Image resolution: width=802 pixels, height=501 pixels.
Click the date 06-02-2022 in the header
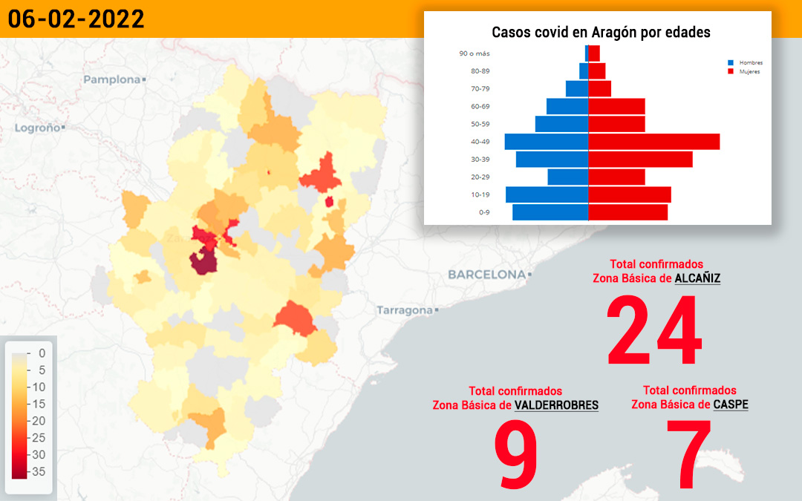coord(76,19)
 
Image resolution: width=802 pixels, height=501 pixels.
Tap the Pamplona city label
coord(112,79)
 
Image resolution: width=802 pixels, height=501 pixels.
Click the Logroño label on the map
coord(37,128)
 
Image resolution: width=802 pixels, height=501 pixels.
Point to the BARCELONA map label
coord(487,275)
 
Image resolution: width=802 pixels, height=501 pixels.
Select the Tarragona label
coord(405,310)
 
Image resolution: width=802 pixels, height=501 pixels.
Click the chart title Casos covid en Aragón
coord(601,32)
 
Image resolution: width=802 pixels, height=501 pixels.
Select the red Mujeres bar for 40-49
coord(654,142)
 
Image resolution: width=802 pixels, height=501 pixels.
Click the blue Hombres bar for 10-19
coord(547,194)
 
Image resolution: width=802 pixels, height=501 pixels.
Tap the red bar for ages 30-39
coord(640,160)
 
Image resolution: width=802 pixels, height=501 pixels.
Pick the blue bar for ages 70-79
coord(577,89)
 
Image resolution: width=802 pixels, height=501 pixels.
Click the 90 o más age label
coord(474,53)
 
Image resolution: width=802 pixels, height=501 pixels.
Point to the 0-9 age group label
coord(484,212)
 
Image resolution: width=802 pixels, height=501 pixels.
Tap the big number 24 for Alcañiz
coord(654,330)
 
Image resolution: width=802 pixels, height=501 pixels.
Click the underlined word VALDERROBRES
coord(556,405)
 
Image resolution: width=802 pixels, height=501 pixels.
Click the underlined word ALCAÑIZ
coord(697,278)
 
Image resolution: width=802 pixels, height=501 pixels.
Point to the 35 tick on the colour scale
coord(37,471)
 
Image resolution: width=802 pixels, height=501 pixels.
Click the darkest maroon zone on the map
coord(203,261)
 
